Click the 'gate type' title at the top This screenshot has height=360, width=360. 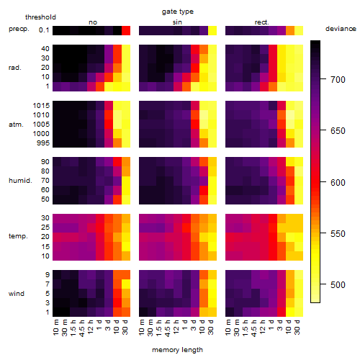click(178, 12)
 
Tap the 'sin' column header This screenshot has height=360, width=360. click(177, 22)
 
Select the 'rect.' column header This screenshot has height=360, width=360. click(261, 22)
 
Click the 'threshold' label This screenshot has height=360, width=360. click(40, 17)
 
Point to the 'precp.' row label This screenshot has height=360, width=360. click(19, 29)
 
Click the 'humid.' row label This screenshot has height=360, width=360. click(20, 180)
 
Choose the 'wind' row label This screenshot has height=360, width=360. click(17, 294)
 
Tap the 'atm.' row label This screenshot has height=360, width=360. click(16, 125)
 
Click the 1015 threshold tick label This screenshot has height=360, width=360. click(41, 106)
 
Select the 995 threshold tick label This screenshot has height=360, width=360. click(43, 143)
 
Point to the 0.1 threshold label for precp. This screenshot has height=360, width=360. click(44, 30)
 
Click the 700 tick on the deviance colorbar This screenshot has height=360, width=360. click(338, 79)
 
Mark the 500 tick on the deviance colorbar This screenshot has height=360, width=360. click(338, 285)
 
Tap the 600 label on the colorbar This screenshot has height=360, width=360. click(338, 183)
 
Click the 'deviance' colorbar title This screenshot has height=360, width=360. click(341, 29)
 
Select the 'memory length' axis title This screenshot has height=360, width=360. click(178, 350)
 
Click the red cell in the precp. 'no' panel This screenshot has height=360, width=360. click(126, 30)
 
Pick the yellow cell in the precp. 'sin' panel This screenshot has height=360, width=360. click(212, 30)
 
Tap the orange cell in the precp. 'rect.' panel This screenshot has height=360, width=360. click(290, 30)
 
